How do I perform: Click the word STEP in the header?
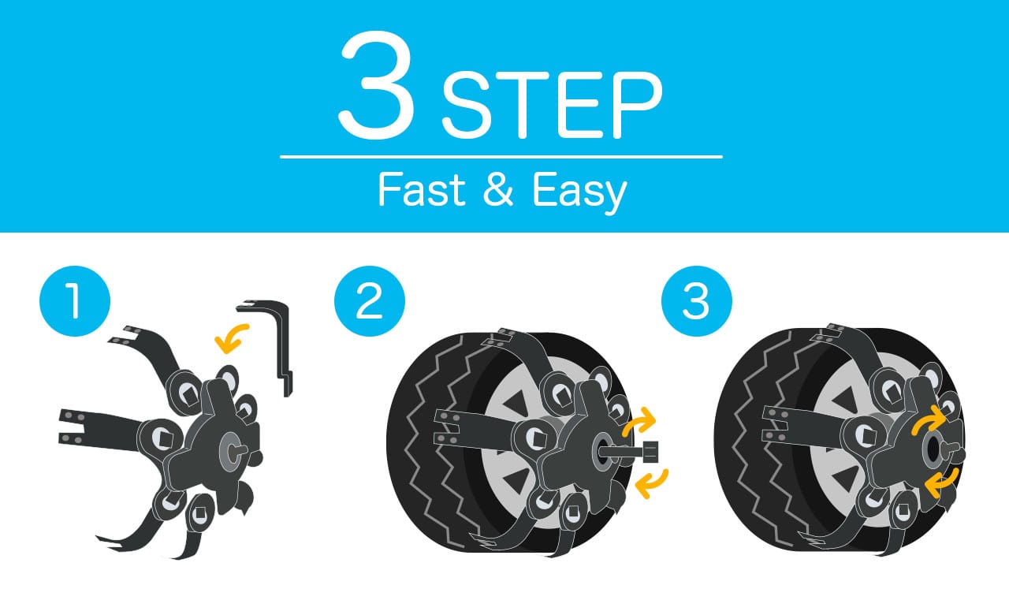553,105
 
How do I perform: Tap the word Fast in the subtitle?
422,190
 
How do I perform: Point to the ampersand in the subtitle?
498,190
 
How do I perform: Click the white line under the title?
501,157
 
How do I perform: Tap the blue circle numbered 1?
75,301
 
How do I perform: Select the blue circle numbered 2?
370,301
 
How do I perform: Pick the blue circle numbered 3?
696,301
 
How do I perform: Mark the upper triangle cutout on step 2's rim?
516,402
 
